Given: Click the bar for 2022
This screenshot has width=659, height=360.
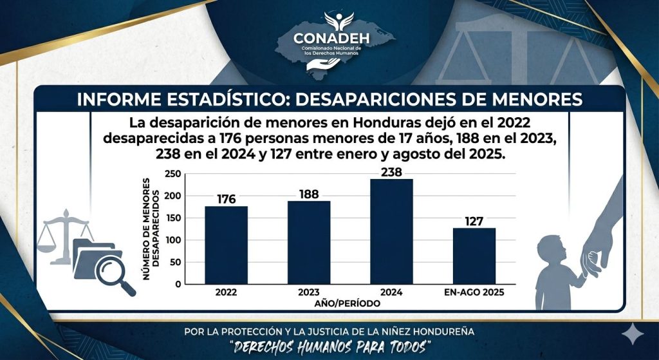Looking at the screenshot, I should coord(226,245).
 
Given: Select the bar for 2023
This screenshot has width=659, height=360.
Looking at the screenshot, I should coord(309,242).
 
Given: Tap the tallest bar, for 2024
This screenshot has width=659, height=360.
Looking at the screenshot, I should coord(391,231).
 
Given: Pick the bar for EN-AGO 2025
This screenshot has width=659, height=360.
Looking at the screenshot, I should coord(474,256).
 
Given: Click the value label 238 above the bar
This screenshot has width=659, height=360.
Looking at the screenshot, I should coord(391,171).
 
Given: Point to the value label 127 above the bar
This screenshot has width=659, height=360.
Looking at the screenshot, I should coord(474,220).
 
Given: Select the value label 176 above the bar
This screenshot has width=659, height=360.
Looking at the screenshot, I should coord(226,198).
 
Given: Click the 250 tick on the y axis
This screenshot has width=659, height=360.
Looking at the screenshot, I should coord(172,174).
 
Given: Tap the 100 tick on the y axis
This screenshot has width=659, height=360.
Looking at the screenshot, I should coord(172,240).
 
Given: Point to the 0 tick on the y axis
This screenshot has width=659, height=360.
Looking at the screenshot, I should coord(177,284).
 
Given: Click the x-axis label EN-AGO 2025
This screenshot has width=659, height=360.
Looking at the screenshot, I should coord(474,292).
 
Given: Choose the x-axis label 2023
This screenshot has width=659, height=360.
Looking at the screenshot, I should coord(309,292).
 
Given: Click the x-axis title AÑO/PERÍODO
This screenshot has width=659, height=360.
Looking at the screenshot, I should coord(347,303).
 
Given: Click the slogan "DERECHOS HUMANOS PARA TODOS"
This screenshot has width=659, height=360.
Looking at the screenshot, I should coord(329,346).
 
